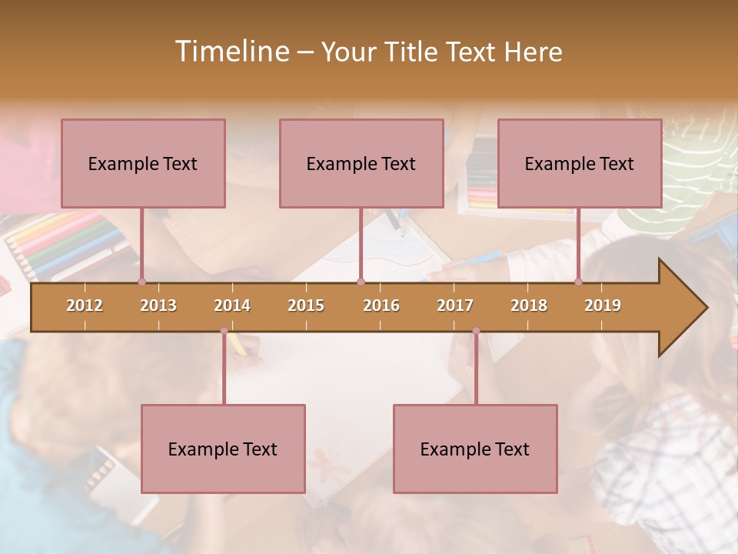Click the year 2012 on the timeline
point(85,305)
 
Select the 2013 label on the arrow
point(158,305)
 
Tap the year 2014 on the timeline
point(232,305)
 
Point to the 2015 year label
point(306,305)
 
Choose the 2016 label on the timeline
point(381,305)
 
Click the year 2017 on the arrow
point(455,305)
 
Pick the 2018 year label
point(529,305)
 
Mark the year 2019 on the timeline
point(603,305)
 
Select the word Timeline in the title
point(231,52)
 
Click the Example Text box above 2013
point(143,163)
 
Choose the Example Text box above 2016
point(361,163)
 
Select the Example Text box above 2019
point(580,163)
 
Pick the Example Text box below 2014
point(223,449)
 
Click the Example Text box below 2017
point(475,449)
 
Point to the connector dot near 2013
point(141,282)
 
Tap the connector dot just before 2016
point(361,282)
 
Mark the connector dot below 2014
point(224,331)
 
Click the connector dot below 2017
point(476,331)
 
